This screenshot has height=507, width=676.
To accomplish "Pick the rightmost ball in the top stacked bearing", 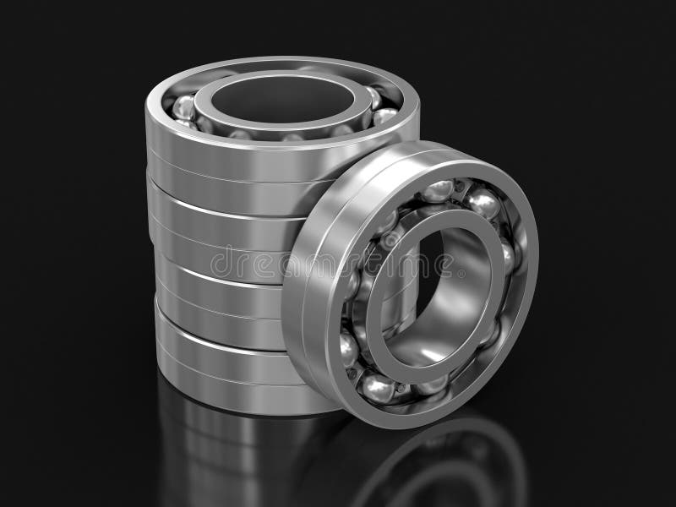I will click(384, 115).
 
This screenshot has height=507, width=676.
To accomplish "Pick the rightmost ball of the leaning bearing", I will click(507, 253).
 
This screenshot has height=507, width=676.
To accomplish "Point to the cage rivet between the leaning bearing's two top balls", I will click(461, 188).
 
